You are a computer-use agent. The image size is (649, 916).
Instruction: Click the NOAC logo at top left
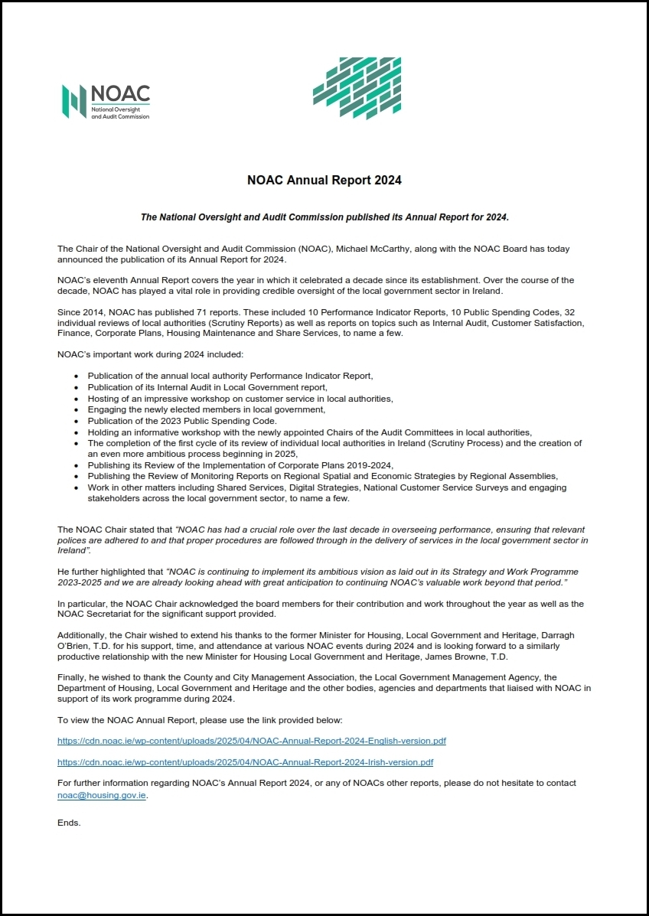[x=106, y=101]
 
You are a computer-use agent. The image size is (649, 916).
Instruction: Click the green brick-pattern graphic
[x=357, y=88]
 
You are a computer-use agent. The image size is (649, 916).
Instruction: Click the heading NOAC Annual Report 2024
[x=324, y=181]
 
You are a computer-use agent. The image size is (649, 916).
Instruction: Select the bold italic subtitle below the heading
[x=324, y=217]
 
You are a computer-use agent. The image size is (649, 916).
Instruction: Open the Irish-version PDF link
[x=245, y=762]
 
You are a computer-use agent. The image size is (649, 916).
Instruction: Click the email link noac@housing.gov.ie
[x=102, y=795]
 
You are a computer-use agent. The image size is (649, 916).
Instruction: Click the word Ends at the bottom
[x=69, y=823]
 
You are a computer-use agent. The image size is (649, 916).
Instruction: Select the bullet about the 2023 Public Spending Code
[x=182, y=421]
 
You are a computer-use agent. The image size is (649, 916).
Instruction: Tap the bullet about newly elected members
[x=195, y=410]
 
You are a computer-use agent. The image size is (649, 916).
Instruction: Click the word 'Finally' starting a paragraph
[x=72, y=677]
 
